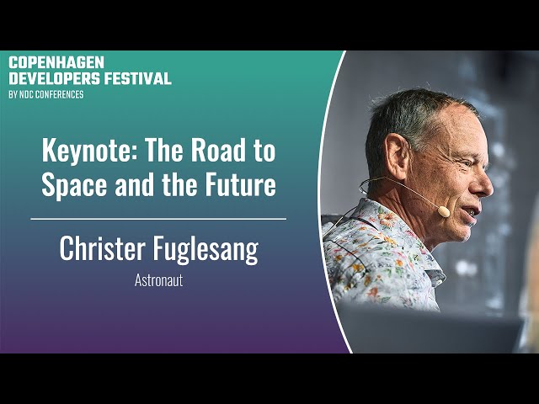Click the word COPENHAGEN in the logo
(x=56, y=62)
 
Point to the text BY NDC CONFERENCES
(x=46, y=94)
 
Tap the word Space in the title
(x=74, y=185)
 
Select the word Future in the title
(x=241, y=184)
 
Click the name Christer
(x=102, y=248)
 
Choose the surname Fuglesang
(x=205, y=250)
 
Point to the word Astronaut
(x=158, y=280)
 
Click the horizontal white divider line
(x=158, y=219)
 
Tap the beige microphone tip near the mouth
(x=444, y=211)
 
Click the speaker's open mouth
(x=471, y=211)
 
